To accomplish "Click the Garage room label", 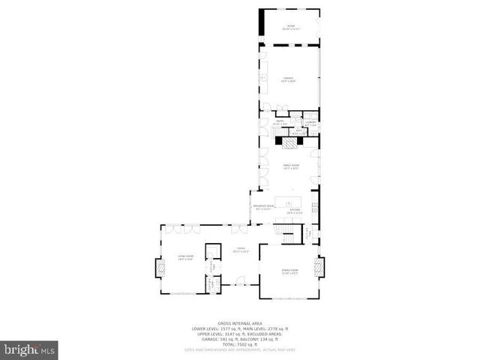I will [x=288, y=79].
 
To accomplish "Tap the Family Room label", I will [x=290, y=166].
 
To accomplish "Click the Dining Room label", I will [x=289, y=271].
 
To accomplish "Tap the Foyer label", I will [x=241, y=250].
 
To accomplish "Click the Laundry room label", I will [x=310, y=121].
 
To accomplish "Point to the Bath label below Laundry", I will [x=298, y=131].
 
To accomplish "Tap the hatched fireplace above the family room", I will [x=288, y=140].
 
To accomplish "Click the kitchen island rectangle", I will [x=286, y=202].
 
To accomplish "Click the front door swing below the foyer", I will [x=238, y=282].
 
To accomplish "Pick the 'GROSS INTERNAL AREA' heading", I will [x=240, y=324].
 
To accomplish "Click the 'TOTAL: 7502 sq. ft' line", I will [x=240, y=344].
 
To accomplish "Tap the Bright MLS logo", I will [x=29, y=349].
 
